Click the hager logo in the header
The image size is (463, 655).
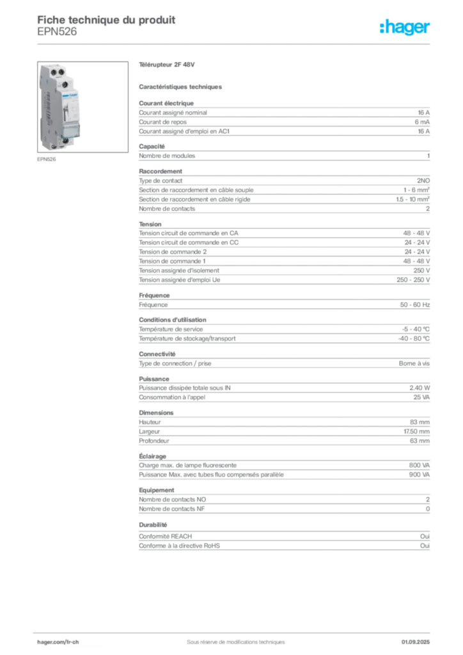[405, 27]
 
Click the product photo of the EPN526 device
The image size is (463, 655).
[82, 107]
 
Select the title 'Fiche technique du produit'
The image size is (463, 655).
[106, 20]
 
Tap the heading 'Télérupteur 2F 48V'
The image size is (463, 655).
[166, 65]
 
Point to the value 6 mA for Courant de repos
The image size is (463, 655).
[422, 122]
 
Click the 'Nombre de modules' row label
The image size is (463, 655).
[167, 156]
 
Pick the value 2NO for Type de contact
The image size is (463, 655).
[423, 181]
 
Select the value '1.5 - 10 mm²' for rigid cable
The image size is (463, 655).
[413, 200]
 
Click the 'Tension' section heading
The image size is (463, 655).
[150, 225]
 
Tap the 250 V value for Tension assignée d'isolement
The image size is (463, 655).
[421, 271]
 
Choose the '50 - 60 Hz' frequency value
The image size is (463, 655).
[415, 305]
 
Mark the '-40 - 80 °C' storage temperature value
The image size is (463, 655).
[414, 339]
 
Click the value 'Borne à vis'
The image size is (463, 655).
[414, 363]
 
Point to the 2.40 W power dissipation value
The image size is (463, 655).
[420, 388]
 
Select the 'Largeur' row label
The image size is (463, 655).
[150, 432]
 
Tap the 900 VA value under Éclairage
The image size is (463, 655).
[420, 475]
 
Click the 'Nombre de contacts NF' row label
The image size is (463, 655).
[171, 509]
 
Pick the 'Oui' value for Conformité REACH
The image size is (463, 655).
[425, 537]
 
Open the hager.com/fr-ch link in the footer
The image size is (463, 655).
[58, 642]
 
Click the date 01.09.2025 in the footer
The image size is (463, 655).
[416, 642]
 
